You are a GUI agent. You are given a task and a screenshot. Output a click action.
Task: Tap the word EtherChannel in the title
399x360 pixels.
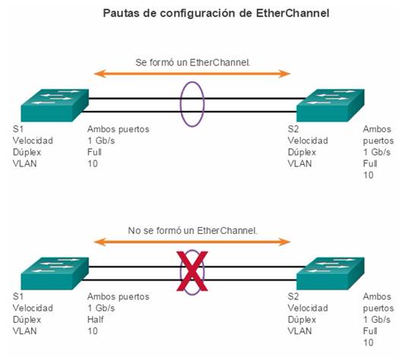pos(293,13)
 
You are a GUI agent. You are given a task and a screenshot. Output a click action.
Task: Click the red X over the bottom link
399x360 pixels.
pos(192,271)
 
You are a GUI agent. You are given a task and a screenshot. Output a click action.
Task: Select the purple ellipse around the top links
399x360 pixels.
pos(180,104)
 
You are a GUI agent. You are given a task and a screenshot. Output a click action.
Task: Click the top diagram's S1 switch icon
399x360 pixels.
pos(55,105)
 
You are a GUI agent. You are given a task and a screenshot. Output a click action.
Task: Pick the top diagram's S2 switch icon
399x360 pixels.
pos(331,105)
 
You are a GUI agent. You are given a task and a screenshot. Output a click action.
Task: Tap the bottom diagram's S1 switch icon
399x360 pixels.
pos(55,273)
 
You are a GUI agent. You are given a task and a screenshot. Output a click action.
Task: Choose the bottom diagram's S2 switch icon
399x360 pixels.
pos(331,273)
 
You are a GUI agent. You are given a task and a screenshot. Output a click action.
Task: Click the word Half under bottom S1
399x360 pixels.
pos(96,320)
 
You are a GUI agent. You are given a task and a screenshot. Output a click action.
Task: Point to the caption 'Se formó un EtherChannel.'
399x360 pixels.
pos(192,62)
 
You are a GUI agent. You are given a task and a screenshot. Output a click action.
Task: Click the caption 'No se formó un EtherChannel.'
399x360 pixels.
pos(192,231)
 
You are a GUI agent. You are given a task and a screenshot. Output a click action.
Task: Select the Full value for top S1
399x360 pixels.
pos(94,152)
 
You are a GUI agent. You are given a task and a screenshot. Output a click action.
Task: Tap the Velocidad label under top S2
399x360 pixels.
pos(308,141)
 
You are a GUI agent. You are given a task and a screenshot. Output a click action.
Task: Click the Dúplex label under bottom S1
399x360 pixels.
pos(27,320)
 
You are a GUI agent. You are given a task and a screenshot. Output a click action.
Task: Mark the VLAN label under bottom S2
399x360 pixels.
pos(299,331)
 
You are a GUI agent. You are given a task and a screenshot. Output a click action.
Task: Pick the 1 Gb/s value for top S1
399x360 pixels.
pos(101,141)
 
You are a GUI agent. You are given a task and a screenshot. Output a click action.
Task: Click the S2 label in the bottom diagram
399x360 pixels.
pos(293,296)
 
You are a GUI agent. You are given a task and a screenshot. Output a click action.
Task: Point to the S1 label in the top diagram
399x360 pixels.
pos(18,129)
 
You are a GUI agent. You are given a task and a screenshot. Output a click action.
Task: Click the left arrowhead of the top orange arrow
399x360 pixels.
pos(100,74)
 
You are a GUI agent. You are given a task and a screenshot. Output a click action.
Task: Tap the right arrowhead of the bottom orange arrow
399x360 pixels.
pos(284,242)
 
